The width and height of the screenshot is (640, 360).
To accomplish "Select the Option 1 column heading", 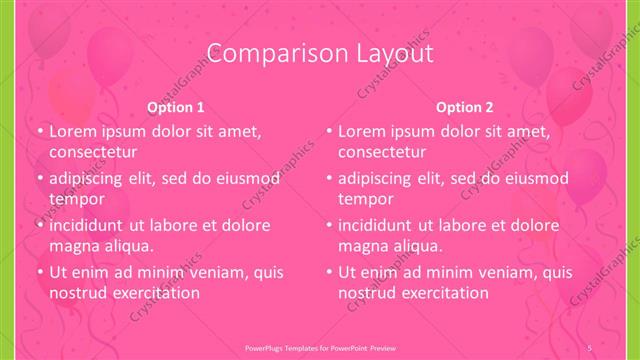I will [x=176, y=107].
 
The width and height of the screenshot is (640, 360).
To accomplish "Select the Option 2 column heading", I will [x=465, y=107].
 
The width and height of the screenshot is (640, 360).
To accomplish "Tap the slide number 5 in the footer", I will [x=591, y=347].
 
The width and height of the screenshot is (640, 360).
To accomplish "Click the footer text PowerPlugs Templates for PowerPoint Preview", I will [x=320, y=347].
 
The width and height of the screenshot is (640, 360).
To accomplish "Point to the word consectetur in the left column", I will [x=92, y=152].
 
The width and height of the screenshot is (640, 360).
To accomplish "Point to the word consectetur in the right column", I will [x=382, y=152].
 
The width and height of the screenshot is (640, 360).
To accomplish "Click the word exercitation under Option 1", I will [x=157, y=293].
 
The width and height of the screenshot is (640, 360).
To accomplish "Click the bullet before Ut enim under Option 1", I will [x=39, y=272].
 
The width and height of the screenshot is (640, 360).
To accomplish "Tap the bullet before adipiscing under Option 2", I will [x=328, y=178].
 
